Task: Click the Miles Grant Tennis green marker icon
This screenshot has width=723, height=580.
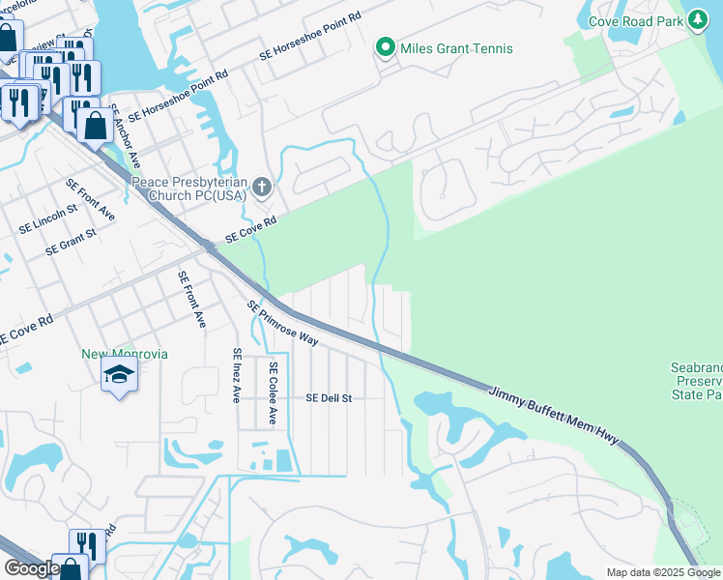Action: click(386, 47)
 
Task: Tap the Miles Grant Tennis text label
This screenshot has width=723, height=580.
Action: click(459, 48)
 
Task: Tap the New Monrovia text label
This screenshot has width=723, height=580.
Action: click(125, 354)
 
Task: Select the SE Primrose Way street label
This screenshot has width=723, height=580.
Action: click(283, 323)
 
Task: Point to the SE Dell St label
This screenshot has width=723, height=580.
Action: click(329, 397)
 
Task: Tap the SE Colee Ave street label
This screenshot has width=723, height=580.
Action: click(274, 393)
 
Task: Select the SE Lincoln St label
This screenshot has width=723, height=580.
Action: click(48, 219)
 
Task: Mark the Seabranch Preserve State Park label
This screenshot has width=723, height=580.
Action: click(695, 381)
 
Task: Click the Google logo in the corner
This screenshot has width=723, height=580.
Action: click(32, 568)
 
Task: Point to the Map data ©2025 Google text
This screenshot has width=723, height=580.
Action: click(662, 572)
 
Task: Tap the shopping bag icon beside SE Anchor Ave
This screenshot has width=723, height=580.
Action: click(95, 126)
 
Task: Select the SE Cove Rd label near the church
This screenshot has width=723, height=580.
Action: click(250, 229)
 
